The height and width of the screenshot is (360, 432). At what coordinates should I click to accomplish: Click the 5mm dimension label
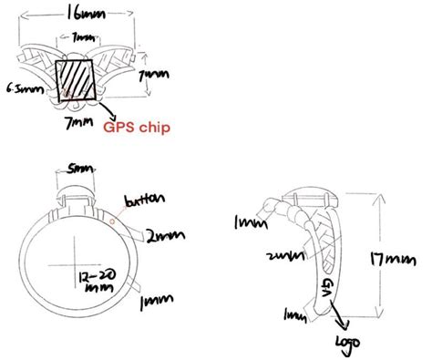point(77,170)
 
